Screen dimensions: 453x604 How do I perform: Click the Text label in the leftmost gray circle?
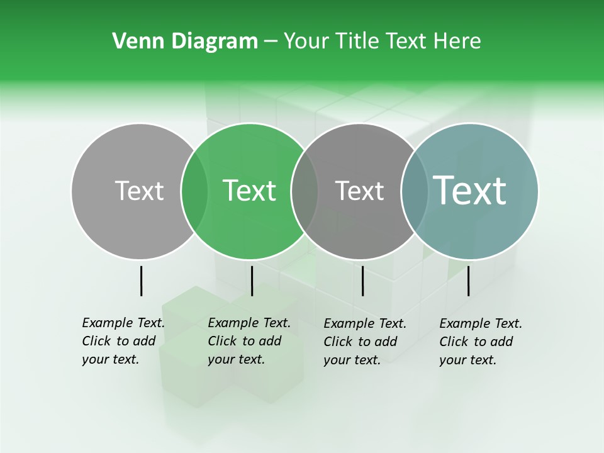coord(139,191)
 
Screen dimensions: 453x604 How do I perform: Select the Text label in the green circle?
coord(249,191)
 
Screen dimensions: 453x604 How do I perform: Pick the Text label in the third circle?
coord(359,191)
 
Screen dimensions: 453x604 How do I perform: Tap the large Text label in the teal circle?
coord(469,191)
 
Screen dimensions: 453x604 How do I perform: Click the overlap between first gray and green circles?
coord(194,191)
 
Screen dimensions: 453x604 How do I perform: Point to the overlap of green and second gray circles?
coord(305,191)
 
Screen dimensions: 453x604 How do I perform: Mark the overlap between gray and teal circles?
coord(414,191)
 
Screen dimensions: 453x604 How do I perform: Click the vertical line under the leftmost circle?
coord(141,281)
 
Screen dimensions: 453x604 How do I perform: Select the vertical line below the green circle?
coord(252,281)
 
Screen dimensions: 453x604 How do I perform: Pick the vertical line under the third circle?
coord(362,281)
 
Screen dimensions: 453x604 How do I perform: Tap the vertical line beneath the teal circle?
coord(468,281)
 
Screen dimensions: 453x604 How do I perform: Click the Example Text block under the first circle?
coord(123,341)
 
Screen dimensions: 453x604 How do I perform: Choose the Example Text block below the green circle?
coord(249,341)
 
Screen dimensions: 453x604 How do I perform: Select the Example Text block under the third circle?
coord(365,341)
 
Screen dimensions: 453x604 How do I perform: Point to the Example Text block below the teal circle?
coord(481,341)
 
